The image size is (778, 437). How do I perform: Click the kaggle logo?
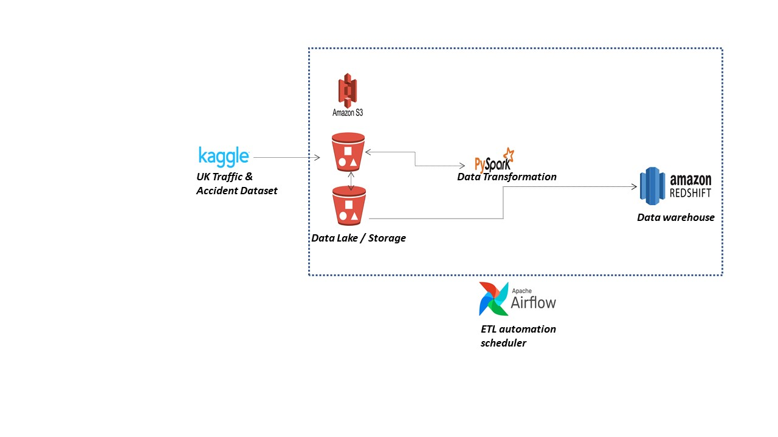tap(224, 156)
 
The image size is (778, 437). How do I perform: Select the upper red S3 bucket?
tap(348, 152)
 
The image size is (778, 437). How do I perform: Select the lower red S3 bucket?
tap(349, 206)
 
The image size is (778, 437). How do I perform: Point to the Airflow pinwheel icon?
tap(494, 299)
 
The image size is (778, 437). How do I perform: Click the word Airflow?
tap(533, 302)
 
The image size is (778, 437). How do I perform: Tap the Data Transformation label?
tap(506, 177)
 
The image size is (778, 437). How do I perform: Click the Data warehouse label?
tap(675, 217)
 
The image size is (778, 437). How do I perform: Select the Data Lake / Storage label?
tap(358, 238)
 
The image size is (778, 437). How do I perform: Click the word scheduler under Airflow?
tap(503, 343)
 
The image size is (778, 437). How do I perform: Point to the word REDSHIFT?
tap(690, 192)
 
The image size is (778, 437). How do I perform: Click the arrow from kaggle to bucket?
tap(286, 158)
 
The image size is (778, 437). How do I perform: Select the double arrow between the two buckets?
tap(351, 180)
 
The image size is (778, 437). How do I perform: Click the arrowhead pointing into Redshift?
tap(634, 187)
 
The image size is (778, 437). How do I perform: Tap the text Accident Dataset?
tap(236, 191)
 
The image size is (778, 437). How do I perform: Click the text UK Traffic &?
tap(224, 177)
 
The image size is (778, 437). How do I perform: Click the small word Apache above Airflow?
tap(521, 290)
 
